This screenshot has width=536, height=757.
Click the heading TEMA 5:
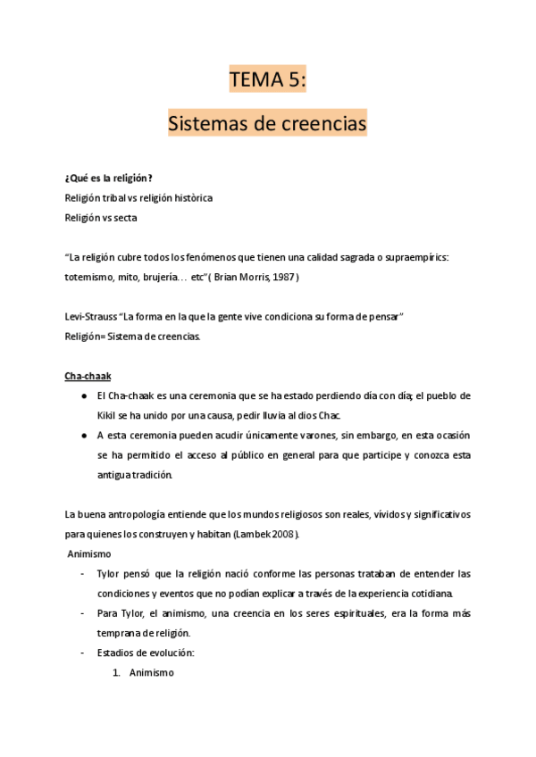point(268,80)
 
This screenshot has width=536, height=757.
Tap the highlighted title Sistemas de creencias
point(268,123)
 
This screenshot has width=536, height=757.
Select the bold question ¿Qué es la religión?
point(108,178)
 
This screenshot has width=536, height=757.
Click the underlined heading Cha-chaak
point(88,376)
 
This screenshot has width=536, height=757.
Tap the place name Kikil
point(111,415)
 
